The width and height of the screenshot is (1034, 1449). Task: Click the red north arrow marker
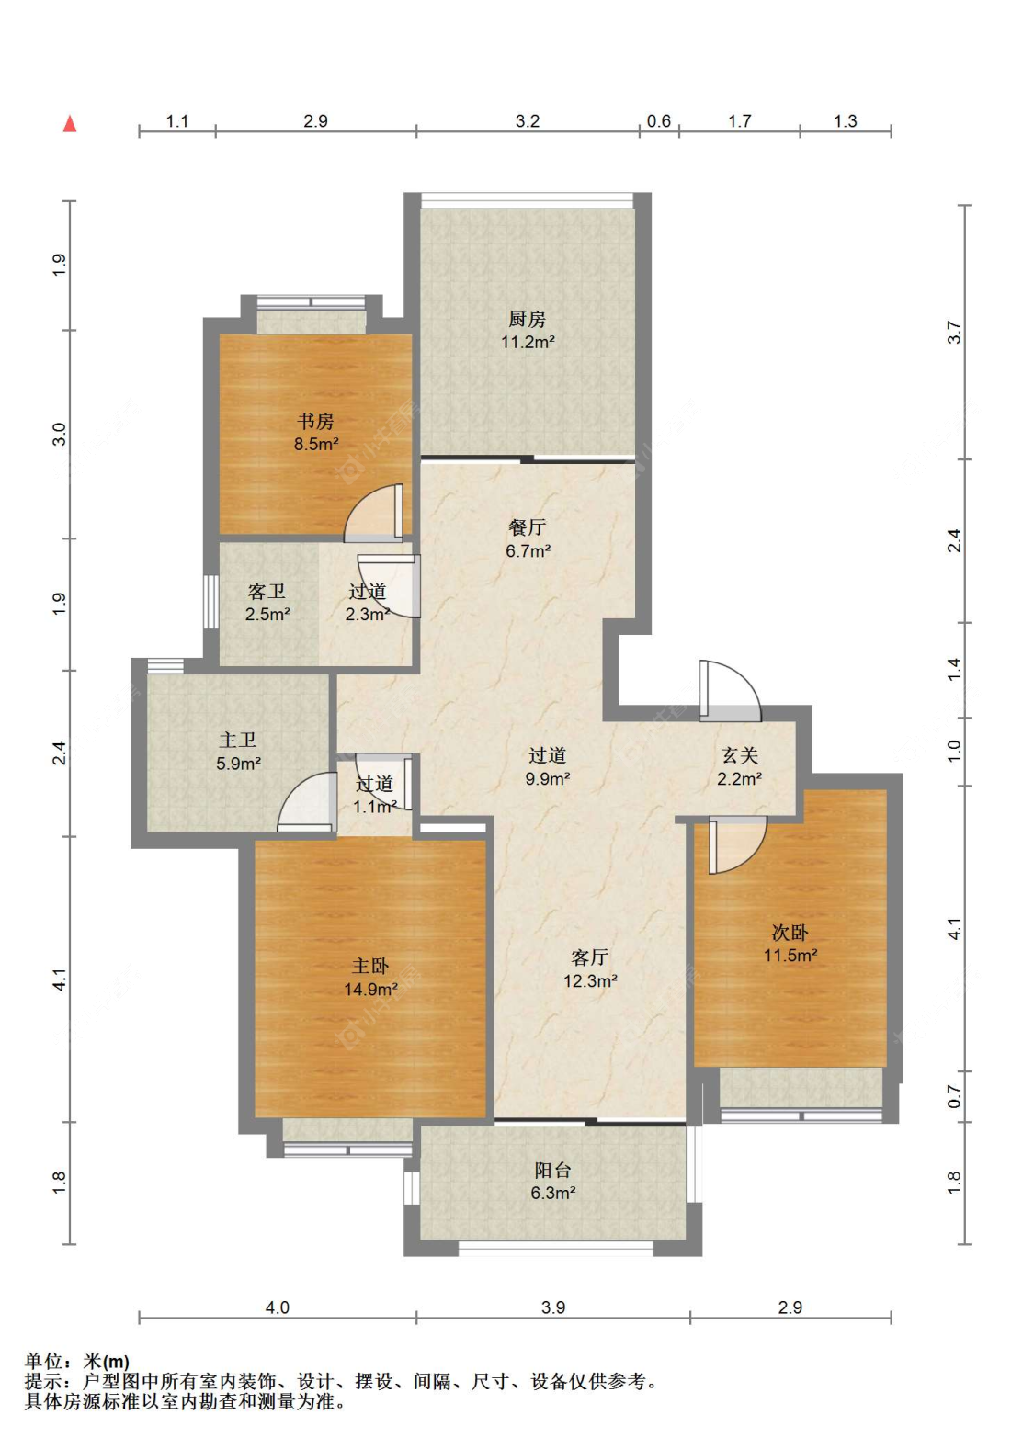[70, 123]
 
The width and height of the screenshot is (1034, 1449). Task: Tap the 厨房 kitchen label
[526, 319]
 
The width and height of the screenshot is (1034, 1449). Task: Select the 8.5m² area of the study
[316, 444]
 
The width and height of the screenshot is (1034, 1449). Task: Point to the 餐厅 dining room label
[527, 527]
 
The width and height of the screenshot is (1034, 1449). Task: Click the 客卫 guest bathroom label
[267, 591]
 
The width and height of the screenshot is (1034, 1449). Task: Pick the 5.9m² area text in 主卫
[238, 764]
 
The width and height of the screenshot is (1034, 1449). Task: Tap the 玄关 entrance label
[739, 755]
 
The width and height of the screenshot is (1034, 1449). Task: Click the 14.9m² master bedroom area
[370, 989]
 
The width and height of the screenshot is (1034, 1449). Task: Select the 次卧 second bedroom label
[790, 932]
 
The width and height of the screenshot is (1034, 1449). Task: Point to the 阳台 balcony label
[552, 1170]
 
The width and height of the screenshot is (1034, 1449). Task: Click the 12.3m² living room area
[590, 980]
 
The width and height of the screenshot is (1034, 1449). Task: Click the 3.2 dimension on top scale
[528, 121]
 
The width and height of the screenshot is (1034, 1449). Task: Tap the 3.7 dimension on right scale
[954, 332]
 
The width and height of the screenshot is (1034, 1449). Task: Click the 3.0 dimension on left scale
[59, 434]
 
